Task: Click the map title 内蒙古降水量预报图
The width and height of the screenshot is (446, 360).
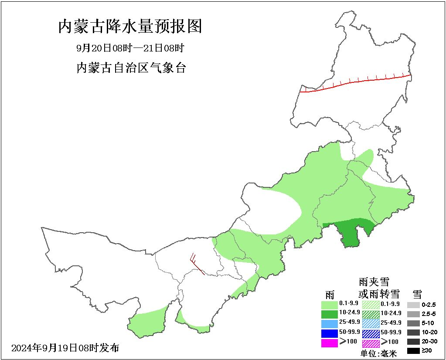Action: tap(130, 27)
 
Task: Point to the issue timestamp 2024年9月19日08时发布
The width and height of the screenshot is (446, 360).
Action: tap(65, 348)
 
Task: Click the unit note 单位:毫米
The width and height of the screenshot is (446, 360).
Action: tap(379, 353)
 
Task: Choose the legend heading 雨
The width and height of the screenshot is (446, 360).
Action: tap(330, 294)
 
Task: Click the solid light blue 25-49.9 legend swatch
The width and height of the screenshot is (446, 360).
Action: tap(329, 324)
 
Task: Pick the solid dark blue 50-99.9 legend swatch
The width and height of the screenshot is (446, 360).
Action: tap(329, 333)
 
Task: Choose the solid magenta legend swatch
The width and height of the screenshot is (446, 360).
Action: tap(329, 343)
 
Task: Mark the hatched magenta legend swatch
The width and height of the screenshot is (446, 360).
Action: tap(371, 343)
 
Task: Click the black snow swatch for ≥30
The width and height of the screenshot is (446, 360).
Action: tap(414, 350)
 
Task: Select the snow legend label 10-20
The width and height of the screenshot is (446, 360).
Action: tap(429, 332)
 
